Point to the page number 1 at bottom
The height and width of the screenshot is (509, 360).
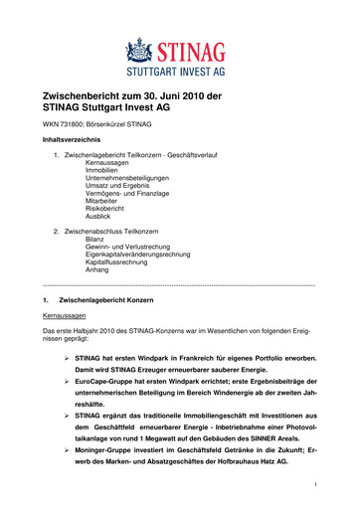tap(312, 485)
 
